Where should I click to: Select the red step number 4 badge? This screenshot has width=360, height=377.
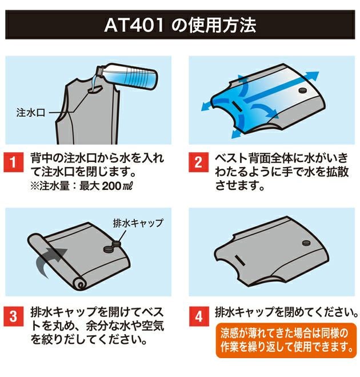click(x=198, y=316)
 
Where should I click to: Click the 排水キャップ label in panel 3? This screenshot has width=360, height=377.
click(x=139, y=223)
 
